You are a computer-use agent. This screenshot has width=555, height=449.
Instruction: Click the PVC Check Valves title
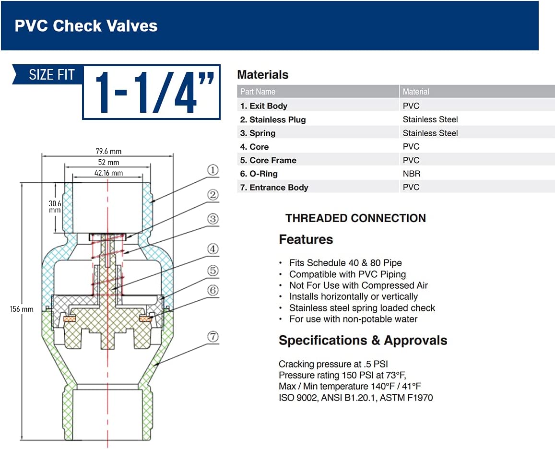coord(86,25)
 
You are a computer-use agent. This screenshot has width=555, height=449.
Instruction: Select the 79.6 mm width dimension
coord(108,151)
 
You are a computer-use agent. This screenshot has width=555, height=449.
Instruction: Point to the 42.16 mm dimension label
coord(108,173)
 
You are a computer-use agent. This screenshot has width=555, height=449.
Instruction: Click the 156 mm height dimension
coord(22,309)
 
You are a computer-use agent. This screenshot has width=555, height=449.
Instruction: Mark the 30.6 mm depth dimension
coord(55,207)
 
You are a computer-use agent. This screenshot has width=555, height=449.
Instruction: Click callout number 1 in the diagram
coord(213,170)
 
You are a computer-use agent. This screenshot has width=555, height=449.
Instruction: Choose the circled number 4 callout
coord(213,249)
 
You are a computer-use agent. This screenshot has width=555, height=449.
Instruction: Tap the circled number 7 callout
coord(213,337)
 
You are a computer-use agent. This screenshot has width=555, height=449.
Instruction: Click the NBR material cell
coord(411,174)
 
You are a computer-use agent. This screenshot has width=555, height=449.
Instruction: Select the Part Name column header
coord(258,92)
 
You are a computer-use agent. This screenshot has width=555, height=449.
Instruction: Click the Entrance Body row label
coord(274,188)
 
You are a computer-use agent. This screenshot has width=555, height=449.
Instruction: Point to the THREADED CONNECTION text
coord(355,218)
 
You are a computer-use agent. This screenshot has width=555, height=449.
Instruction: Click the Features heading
coord(306,239)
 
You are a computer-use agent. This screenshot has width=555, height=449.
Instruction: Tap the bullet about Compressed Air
coord(358,285)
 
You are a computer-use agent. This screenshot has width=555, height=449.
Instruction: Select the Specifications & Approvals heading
coord(363,341)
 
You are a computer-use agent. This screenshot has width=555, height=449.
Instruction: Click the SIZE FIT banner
coord(51,75)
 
